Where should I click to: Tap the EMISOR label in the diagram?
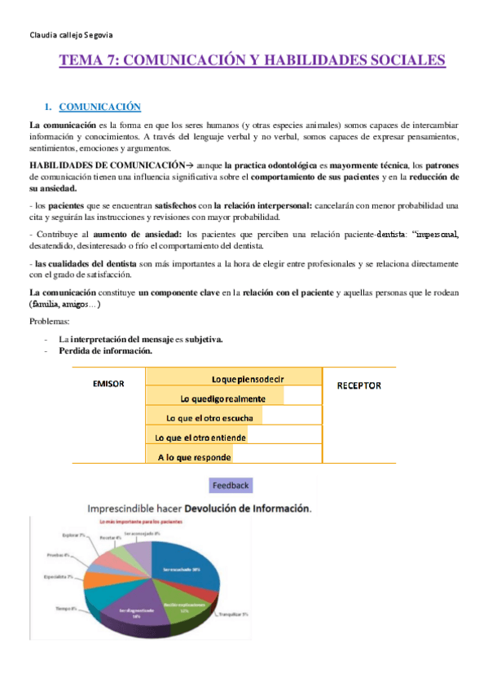tap(108, 384)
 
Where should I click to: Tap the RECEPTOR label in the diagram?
tap(358, 385)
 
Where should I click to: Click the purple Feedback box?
tap(231, 485)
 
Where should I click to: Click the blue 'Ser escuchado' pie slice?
tap(181, 569)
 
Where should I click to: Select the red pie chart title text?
tap(139, 522)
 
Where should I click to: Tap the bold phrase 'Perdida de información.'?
tap(104, 351)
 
